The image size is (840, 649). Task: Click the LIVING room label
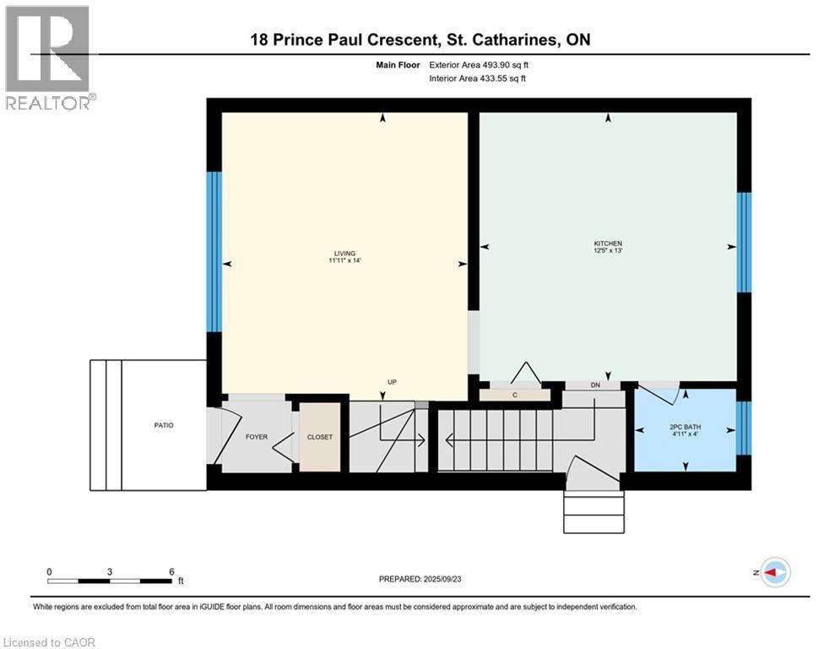344,254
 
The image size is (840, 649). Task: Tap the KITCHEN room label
608,243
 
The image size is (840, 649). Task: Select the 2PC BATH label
686,427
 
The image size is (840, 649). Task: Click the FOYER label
257,437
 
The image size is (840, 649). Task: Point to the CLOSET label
320,437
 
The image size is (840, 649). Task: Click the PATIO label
164,425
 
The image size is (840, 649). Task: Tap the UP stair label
393,382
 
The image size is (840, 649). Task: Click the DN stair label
595,385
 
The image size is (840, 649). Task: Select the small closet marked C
515,395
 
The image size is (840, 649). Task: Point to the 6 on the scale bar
171,572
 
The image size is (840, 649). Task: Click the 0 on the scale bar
49,572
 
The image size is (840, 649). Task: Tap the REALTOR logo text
48,102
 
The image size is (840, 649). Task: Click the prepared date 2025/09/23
442,579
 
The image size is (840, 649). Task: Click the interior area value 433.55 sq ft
503,79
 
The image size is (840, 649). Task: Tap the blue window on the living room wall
214,252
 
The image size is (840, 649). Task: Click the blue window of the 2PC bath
744,428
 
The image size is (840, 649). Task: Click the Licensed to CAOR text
49,642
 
